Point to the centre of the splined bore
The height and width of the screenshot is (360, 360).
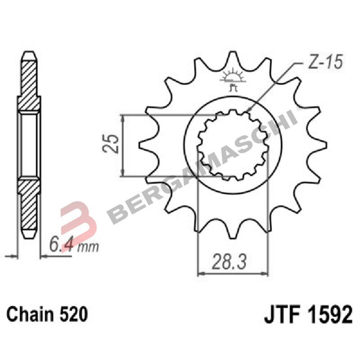pos(233,145)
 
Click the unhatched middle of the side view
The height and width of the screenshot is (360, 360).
pos(29,145)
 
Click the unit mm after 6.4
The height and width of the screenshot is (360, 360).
pos(88,247)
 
